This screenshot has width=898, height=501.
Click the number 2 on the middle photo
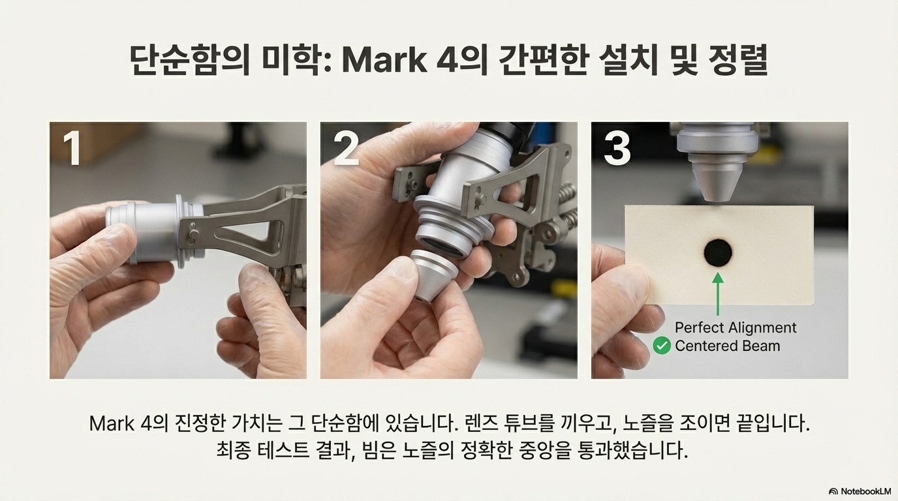(x=347, y=149)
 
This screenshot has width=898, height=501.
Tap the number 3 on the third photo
(x=617, y=149)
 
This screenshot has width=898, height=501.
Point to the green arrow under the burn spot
(x=718, y=294)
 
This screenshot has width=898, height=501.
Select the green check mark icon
(x=662, y=346)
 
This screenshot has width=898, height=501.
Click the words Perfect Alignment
(x=735, y=328)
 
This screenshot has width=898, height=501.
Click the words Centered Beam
(x=728, y=346)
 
